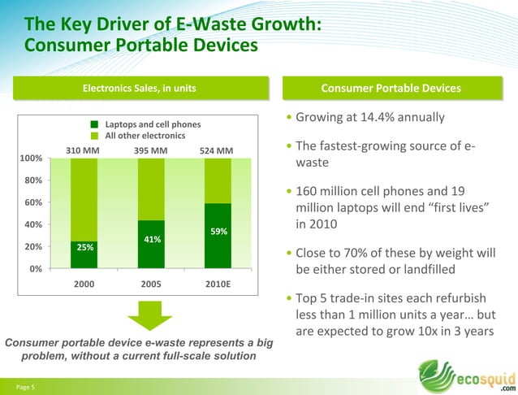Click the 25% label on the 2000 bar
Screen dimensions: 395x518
click(85, 247)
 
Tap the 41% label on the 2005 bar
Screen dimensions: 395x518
click(152, 239)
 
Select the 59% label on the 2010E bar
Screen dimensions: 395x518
click(218, 231)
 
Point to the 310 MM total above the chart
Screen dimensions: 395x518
click(84, 150)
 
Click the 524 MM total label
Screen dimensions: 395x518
click(216, 150)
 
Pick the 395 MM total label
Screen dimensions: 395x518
click(150, 150)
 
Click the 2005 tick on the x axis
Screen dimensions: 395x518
click(152, 284)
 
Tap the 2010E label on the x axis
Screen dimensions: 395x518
click(218, 284)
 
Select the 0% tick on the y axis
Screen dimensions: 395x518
click(37, 269)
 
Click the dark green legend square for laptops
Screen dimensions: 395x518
click(95, 124)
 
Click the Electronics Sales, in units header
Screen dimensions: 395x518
click(140, 88)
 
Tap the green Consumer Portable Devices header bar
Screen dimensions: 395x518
click(391, 88)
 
